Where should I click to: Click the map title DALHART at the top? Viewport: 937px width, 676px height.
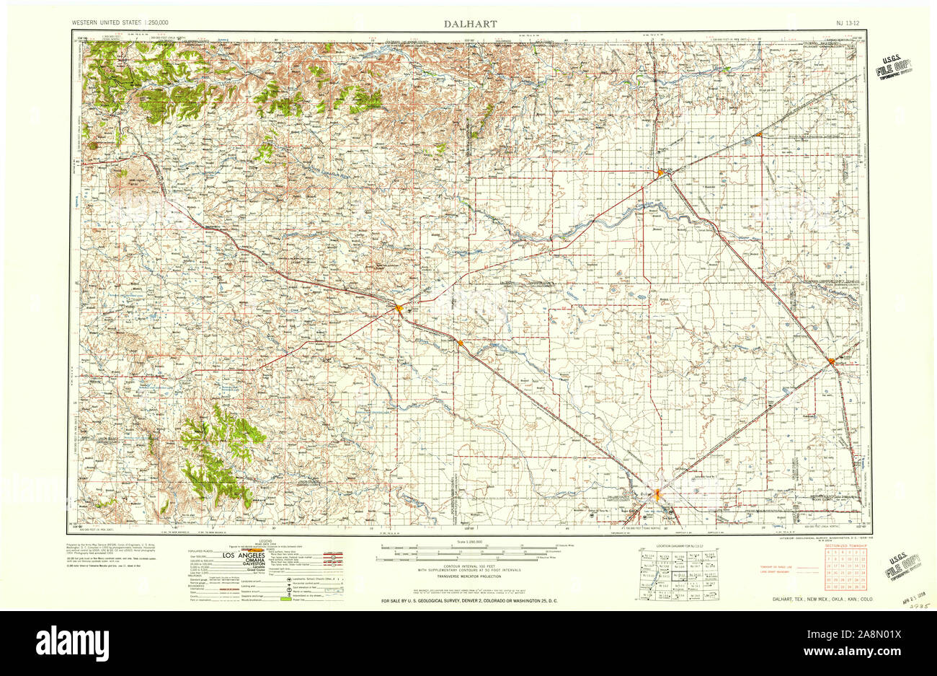point(470,24)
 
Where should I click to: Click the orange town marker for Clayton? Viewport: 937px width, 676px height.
point(399,309)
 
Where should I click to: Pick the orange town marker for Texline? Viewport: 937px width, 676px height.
point(461,343)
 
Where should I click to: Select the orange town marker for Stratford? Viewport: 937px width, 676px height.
point(832,361)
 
